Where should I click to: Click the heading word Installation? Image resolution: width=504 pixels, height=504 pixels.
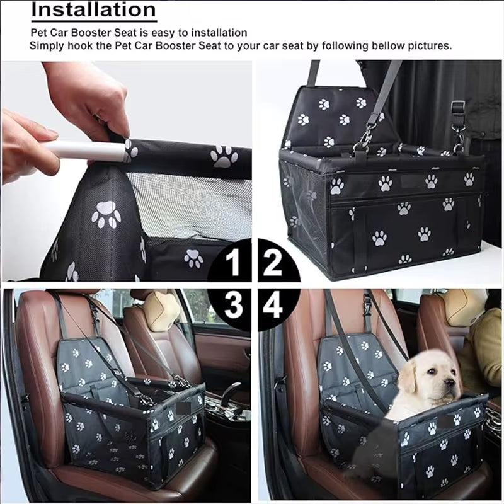[x=93, y=10]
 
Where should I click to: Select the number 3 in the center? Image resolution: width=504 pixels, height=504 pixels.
[x=234, y=306]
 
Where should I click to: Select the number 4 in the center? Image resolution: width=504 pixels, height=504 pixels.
[x=273, y=306]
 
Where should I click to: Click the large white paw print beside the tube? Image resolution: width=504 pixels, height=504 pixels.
[x=224, y=156]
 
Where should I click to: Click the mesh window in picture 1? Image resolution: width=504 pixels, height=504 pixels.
[x=189, y=202]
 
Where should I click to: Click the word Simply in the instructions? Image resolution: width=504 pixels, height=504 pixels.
[x=47, y=46]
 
